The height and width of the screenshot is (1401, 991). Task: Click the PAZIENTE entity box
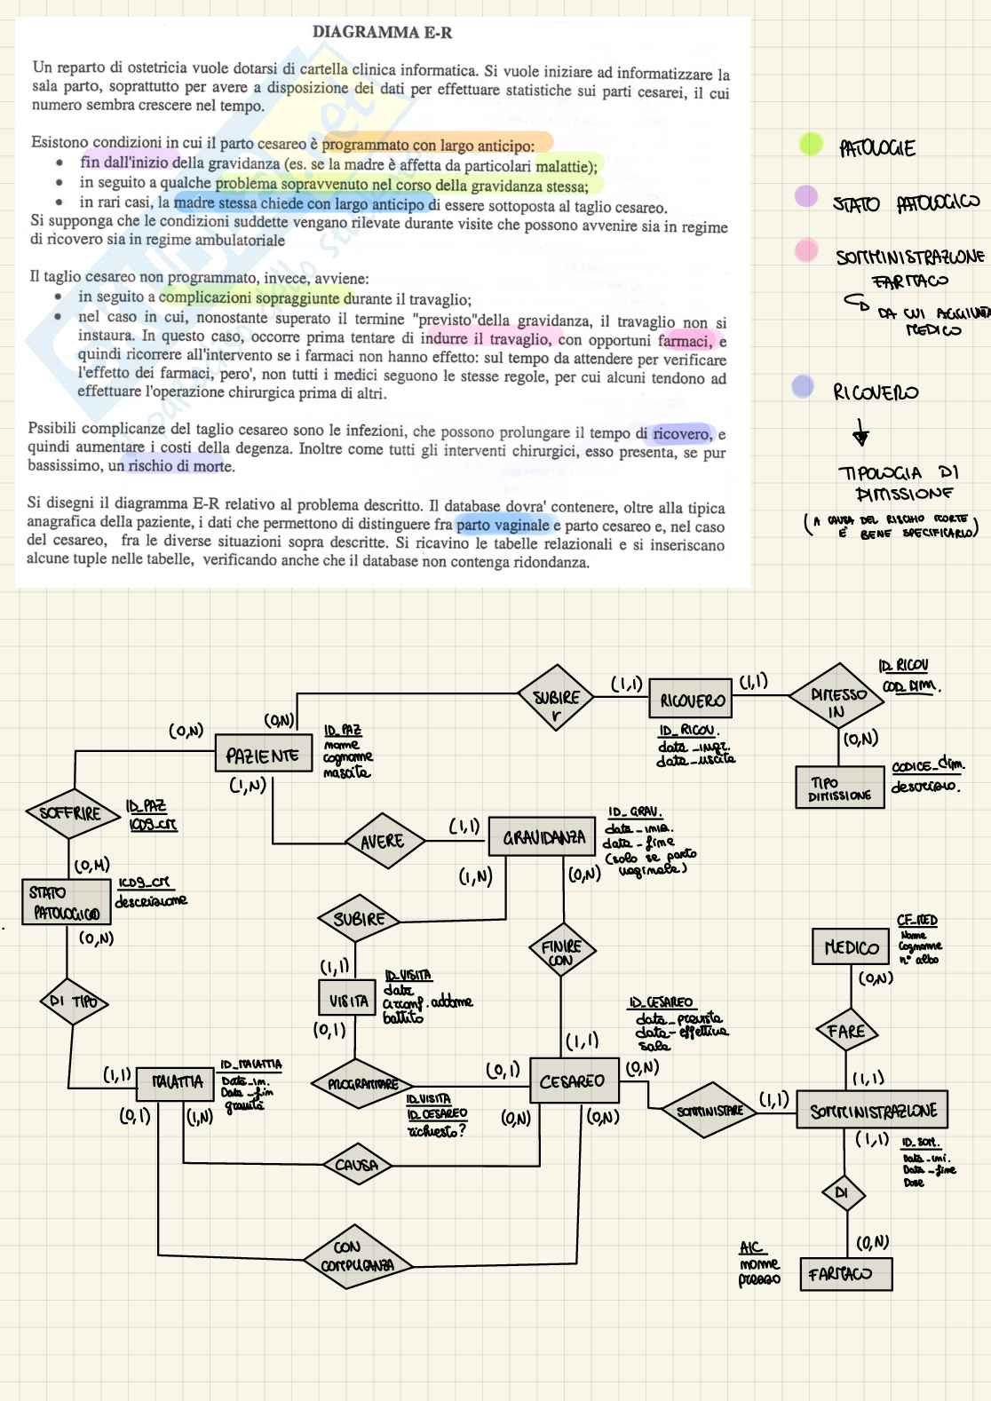coord(263,756)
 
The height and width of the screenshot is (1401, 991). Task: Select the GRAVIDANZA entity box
coord(543,836)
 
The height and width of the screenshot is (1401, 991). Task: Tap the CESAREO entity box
coord(572,1081)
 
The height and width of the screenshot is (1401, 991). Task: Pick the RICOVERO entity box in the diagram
coord(692,700)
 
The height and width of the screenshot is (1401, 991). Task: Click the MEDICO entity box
coord(851,947)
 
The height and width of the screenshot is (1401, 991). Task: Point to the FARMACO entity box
coord(844,1274)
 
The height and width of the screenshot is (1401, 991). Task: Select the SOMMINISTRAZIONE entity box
coord(872,1111)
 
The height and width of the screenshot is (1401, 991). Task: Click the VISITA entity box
coord(349,1001)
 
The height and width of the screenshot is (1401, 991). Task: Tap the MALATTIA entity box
coord(178,1081)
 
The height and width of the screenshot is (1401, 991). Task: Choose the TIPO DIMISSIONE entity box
coord(840,788)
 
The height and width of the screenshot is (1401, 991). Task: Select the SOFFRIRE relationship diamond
coord(70,813)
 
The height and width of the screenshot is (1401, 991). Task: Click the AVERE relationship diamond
coord(382,841)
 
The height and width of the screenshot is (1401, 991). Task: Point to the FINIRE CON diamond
coord(561,953)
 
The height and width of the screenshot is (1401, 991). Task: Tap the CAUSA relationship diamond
coord(356,1165)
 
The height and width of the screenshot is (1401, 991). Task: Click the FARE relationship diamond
coord(845,1031)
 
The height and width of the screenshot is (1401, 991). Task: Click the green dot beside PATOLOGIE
coord(811,144)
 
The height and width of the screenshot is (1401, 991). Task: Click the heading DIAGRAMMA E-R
coord(382,33)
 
